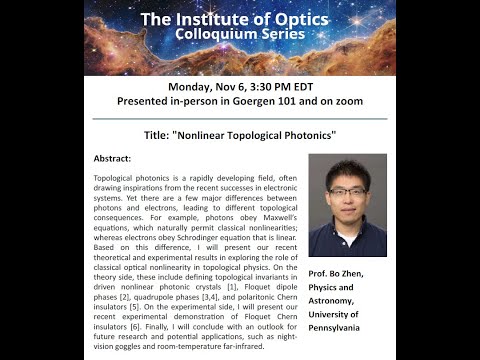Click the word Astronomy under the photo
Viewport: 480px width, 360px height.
point(340,299)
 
